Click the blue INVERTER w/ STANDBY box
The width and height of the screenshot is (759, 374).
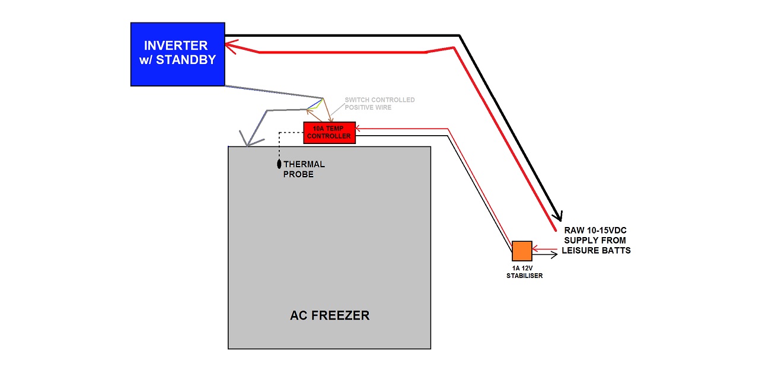click(x=177, y=54)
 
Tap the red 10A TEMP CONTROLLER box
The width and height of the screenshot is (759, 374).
click(x=329, y=132)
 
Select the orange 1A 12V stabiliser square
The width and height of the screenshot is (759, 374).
click(x=522, y=251)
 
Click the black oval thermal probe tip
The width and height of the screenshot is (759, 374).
click(x=279, y=164)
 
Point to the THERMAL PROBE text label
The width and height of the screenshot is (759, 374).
click(x=304, y=169)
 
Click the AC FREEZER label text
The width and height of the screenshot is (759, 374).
click(x=329, y=315)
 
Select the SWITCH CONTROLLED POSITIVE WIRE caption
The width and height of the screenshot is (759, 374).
click(x=379, y=104)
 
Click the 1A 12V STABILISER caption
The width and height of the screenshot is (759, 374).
click(x=524, y=272)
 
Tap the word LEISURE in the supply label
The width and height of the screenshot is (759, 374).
click(x=583, y=250)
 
